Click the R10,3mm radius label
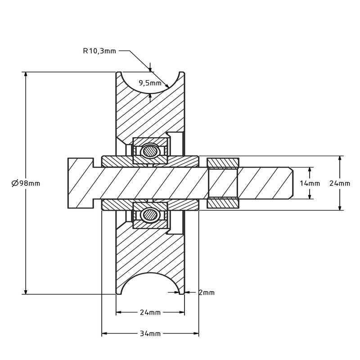(99, 51)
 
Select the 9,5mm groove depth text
(150, 83)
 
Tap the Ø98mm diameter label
(26, 183)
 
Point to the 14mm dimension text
(310, 183)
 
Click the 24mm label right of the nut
(339, 183)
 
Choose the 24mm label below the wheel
(150, 312)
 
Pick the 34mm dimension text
(150, 333)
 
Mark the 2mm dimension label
(207, 292)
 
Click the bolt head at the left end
(80, 183)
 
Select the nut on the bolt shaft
(223, 183)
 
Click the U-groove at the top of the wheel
(150, 83)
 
